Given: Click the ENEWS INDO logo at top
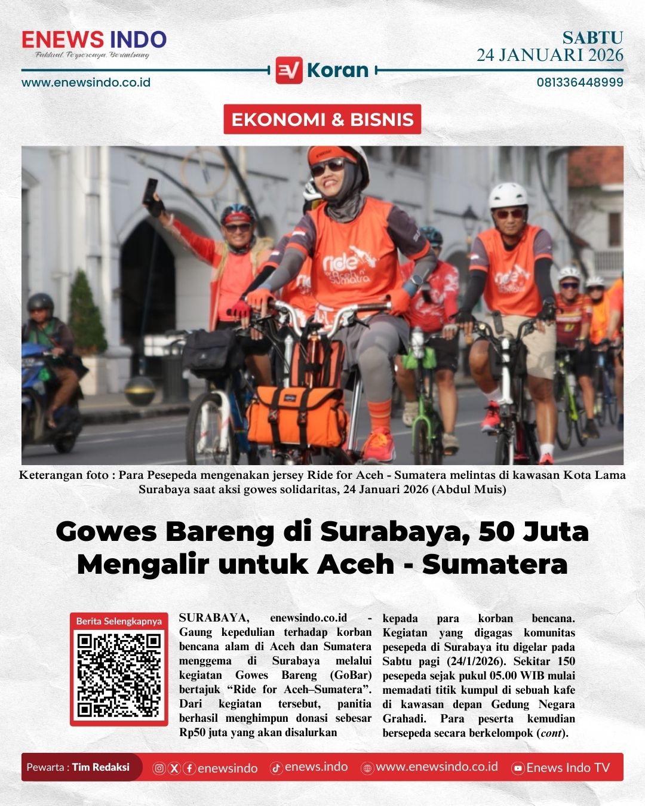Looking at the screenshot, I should point(94,40).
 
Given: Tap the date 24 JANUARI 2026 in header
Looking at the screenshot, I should point(549,56).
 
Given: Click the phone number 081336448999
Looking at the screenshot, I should point(579,82).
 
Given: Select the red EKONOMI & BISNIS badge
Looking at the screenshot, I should point(322,119).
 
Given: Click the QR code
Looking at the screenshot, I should point(119,675).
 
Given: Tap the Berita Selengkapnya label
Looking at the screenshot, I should point(119,621).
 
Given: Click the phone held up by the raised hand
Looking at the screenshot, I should point(151,189).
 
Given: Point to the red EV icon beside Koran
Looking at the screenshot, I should point(289,70).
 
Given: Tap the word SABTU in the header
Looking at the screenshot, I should point(592,38).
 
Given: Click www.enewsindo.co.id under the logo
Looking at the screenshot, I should point(86,82).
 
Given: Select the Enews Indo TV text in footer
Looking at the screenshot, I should point(567,768).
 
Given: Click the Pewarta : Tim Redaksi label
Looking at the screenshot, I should point(78,767).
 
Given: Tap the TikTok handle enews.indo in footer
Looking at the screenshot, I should point(316,767).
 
